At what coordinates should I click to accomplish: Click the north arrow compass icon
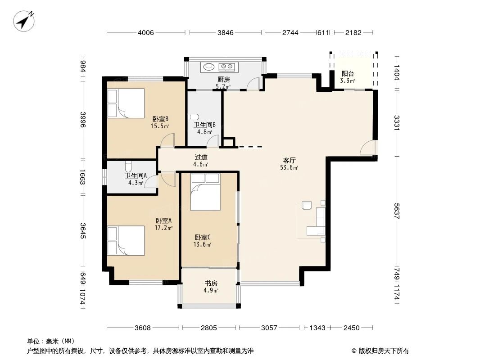[24, 21]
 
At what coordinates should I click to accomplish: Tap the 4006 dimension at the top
[146, 32]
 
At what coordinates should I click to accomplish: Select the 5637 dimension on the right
[397, 211]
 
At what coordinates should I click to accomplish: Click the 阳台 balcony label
[348, 73]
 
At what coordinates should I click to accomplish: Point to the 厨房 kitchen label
[224, 80]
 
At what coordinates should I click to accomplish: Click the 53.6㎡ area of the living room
[289, 167]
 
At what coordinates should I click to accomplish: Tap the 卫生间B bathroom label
[204, 125]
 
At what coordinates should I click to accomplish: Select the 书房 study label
[211, 283]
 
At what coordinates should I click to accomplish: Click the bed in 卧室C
[205, 192]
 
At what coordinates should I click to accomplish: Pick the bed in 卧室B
[126, 103]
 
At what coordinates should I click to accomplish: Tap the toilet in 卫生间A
[128, 166]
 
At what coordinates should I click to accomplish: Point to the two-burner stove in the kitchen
[227, 66]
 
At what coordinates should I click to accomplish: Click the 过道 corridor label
[201, 157]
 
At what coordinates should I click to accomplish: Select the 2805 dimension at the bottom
[209, 328]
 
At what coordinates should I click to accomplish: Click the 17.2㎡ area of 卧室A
[163, 228]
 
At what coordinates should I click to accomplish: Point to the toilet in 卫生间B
[193, 117]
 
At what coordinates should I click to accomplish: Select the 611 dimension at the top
[323, 32]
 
